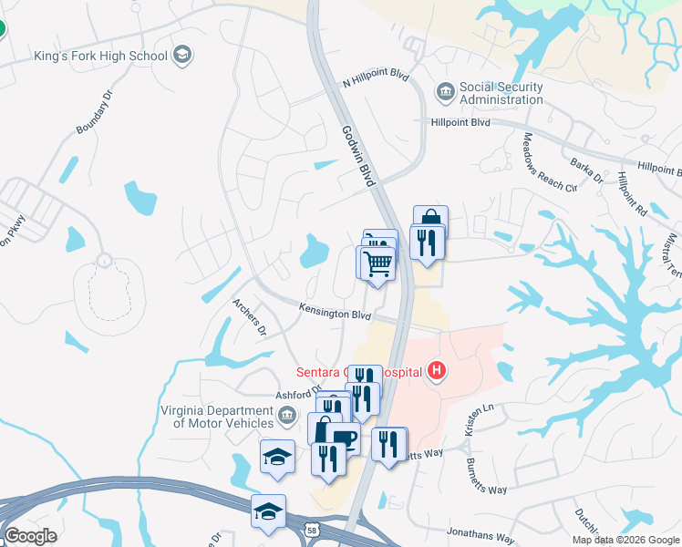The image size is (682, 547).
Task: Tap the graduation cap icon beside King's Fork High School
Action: pyautogui.click(x=182, y=56)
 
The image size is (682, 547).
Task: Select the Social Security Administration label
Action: pyautogui.click(x=501, y=93)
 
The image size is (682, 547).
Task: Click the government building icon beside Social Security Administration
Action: pyautogui.click(x=445, y=91)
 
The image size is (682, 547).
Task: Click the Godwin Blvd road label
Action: pyautogui.click(x=358, y=156)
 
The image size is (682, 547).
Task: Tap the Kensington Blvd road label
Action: pyautogui.click(x=336, y=314)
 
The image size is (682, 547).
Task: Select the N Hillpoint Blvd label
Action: pyautogui.click(x=376, y=80)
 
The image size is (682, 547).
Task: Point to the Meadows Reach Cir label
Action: pyautogui.click(x=550, y=162)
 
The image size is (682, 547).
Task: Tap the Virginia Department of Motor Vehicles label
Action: pyautogui.click(x=218, y=417)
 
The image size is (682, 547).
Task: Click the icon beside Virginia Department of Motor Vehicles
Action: pyautogui.click(x=286, y=417)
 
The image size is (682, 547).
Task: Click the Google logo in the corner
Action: pyautogui.click(x=30, y=536)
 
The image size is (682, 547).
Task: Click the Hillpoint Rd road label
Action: pyautogui.click(x=631, y=193)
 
